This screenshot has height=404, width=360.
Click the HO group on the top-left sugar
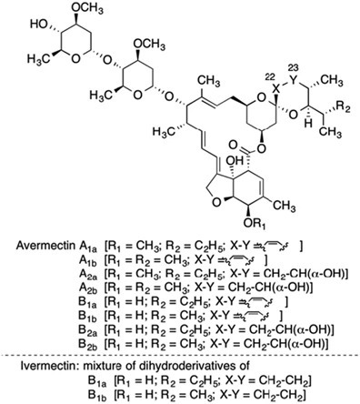pos(39,24)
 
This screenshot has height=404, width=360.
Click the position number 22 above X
pos(269,77)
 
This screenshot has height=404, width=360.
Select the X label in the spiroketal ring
pos(275,89)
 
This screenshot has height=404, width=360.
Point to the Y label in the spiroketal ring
pos(292,80)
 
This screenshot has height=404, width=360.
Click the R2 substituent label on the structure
pos(343,107)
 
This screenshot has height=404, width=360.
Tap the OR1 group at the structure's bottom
pos(255,224)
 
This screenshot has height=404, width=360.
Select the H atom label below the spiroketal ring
pos(309,124)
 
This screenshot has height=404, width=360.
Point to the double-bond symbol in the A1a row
pos(274,246)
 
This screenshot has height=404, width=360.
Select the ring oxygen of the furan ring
pos(216,203)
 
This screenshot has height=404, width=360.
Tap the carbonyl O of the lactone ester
pos(233,144)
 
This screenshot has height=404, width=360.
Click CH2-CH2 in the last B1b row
pos(277,395)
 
